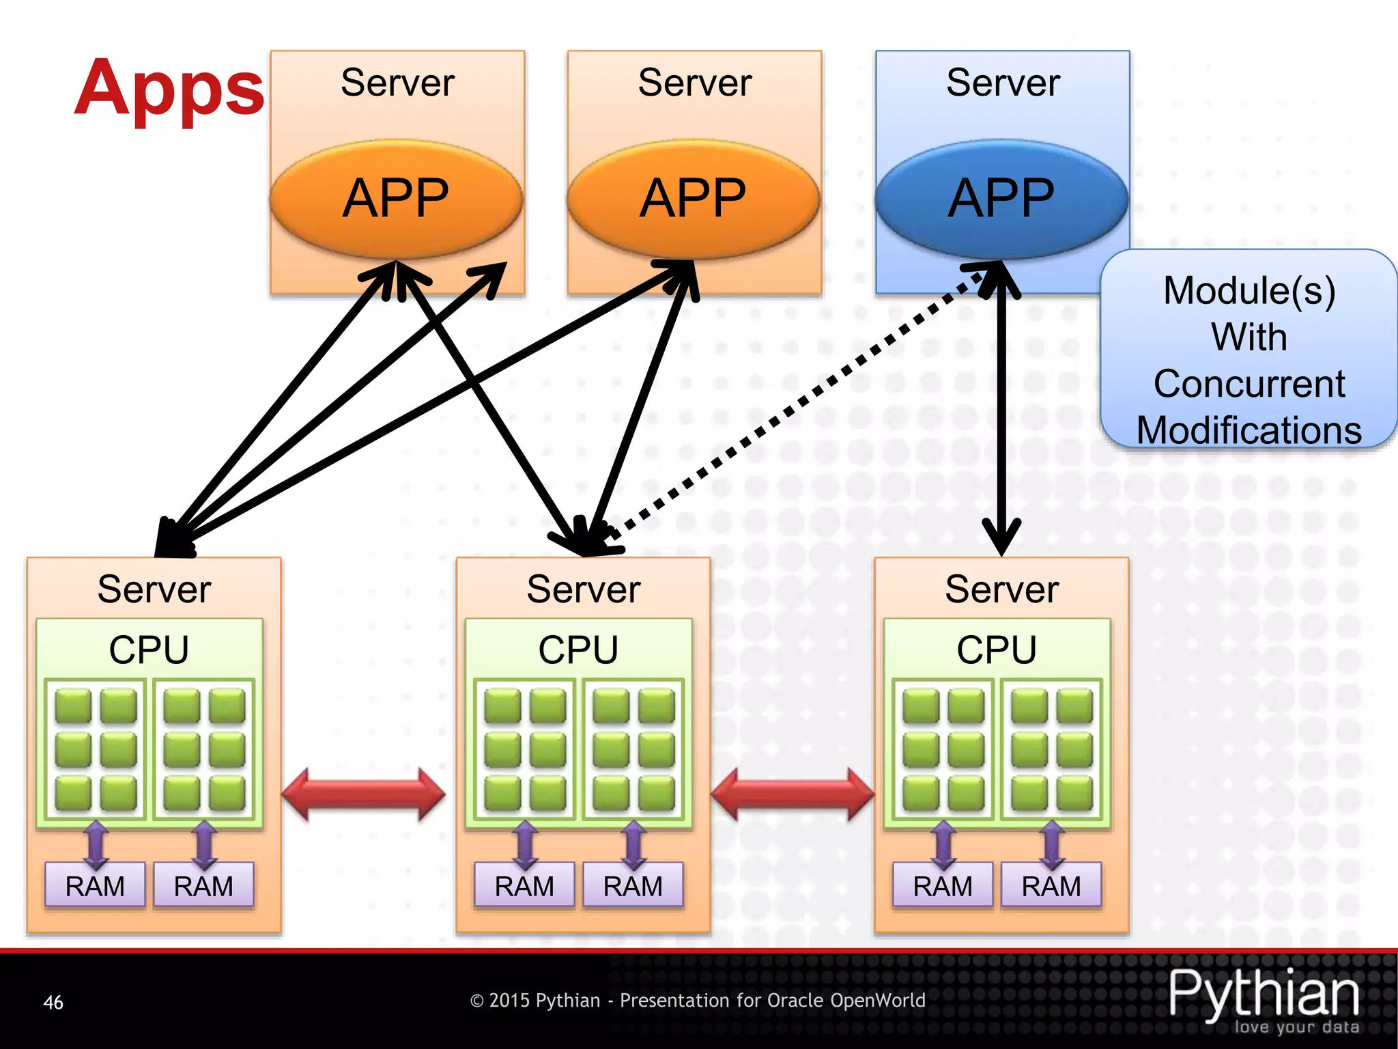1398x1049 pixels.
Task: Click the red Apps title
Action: [x=169, y=89]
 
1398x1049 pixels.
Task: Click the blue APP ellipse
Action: [x=1001, y=198]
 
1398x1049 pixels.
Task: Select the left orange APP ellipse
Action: [x=396, y=198]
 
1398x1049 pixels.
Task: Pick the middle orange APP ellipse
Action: [x=694, y=198]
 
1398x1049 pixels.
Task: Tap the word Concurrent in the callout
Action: [x=1249, y=384]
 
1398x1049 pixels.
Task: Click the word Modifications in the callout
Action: [x=1249, y=430]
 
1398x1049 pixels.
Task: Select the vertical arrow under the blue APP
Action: [x=1001, y=410]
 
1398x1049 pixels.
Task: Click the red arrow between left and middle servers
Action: [x=363, y=794]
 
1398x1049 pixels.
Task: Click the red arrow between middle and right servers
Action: [x=792, y=794]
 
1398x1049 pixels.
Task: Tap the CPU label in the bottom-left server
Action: [x=149, y=649]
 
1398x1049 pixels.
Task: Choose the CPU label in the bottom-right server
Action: [x=997, y=649]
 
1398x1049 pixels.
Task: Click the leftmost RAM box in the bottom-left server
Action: [x=95, y=886]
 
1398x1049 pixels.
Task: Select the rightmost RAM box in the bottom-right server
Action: [x=1051, y=886]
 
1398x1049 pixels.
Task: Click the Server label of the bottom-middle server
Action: [x=584, y=589]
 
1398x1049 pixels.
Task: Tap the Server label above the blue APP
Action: [x=1003, y=83]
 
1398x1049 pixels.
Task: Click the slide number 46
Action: [x=53, y=1003]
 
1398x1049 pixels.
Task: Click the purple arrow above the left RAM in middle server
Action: [x=525, y=845]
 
